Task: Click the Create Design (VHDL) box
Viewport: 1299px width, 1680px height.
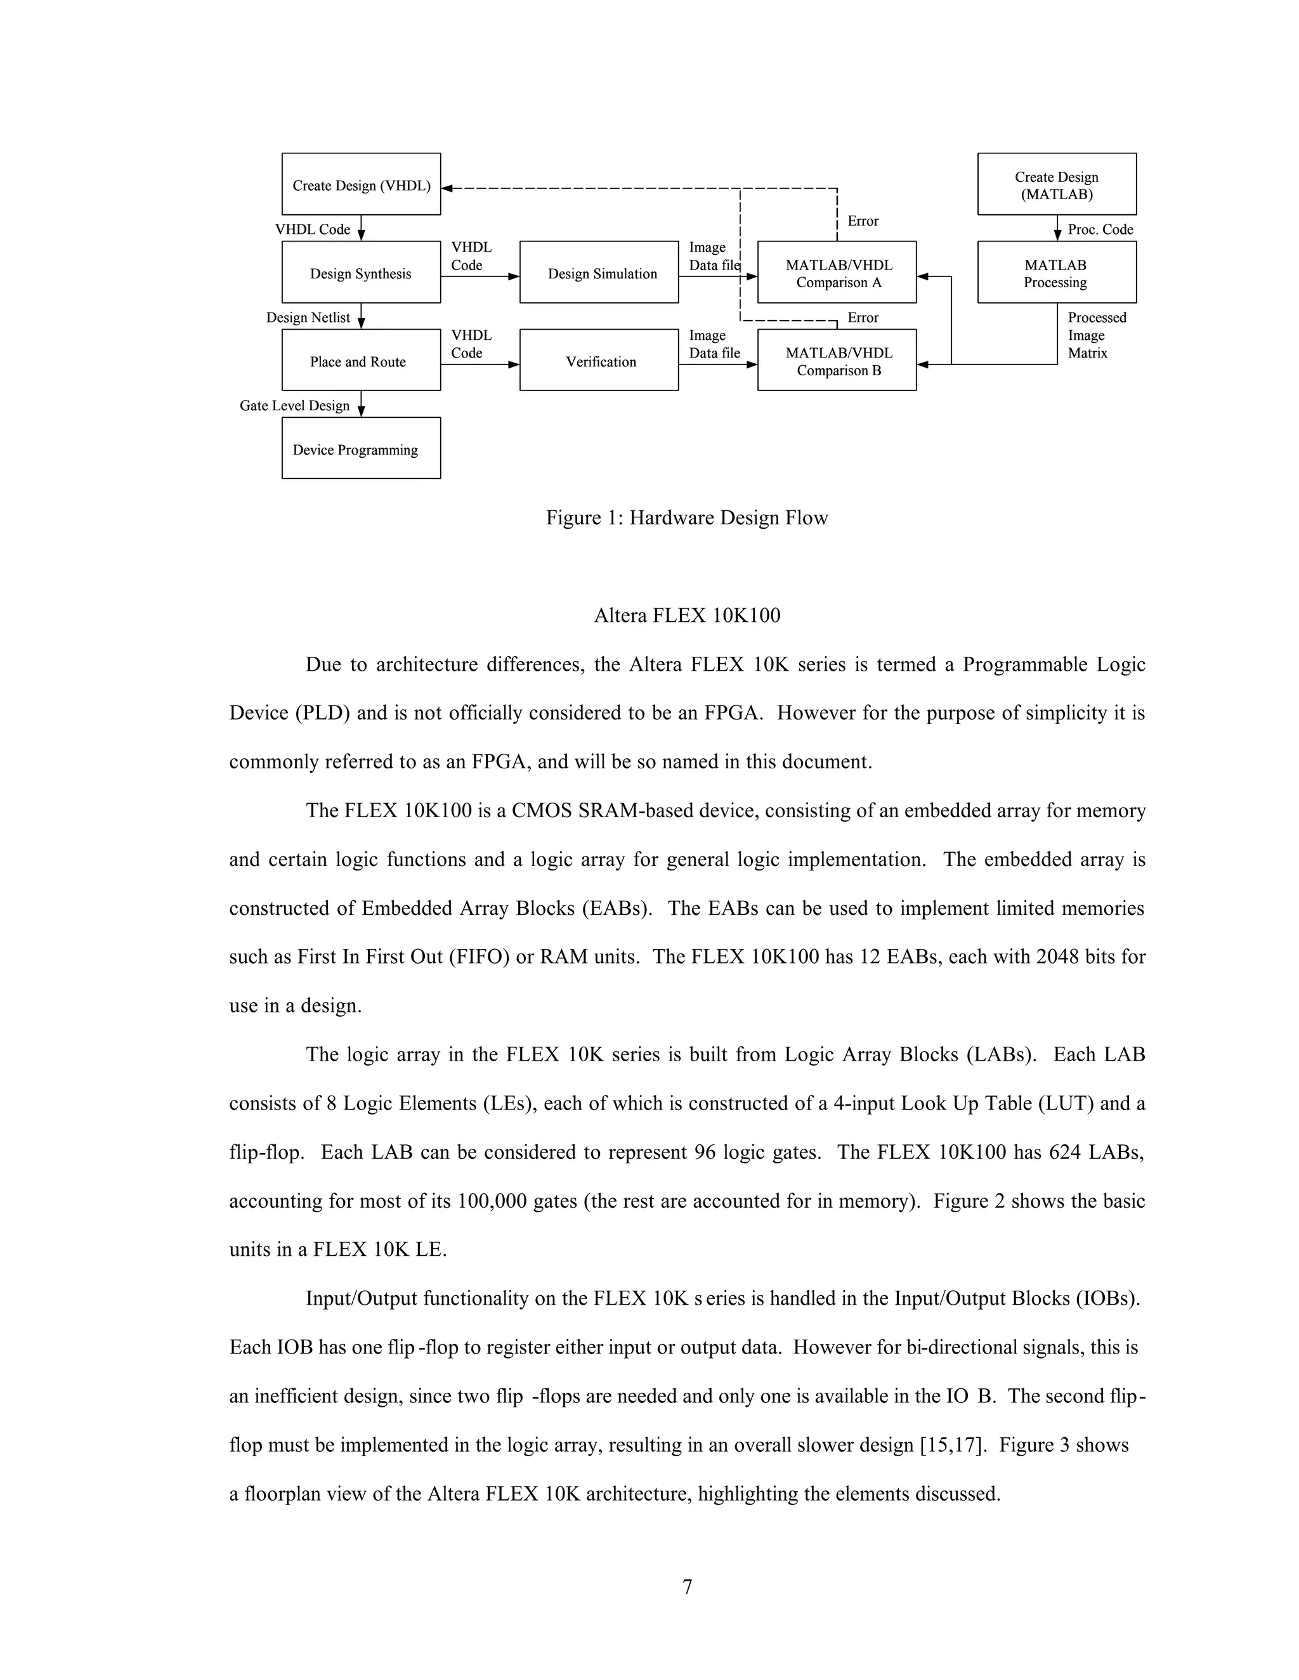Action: tap(361, 184)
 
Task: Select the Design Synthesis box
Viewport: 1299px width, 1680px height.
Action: tap(361, 273)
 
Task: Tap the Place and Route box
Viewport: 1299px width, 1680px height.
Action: tap(361, 360)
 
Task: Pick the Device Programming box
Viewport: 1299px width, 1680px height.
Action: tap(361, 448)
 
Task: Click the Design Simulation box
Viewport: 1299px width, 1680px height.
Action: tap(599, 273)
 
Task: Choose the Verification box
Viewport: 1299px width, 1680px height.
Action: tap(599, 360)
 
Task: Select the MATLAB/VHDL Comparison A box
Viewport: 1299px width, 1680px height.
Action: tap(837, 273)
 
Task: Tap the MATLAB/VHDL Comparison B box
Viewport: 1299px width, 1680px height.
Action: tap(837, 360)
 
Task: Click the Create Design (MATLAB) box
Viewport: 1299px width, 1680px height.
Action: tap(1057, 184)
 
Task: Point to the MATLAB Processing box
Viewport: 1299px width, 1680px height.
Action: tap(1057, 273)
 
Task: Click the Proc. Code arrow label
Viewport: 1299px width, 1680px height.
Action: tap(1100, 229)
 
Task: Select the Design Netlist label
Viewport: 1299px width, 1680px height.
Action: tap(308, 318)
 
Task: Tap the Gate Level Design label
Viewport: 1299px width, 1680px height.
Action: tap(295, 405)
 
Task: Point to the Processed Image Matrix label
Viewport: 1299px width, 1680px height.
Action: tap(1096, 335)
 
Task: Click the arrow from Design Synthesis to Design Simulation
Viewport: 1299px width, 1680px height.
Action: tap(480, 276)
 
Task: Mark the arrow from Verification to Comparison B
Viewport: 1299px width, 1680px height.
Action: tap(718, 365)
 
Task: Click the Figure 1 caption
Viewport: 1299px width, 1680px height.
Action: tap(686, 518)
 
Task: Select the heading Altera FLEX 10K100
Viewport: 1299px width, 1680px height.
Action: tap(686, 616)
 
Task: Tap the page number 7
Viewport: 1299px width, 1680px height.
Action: tap(687, 1586)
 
